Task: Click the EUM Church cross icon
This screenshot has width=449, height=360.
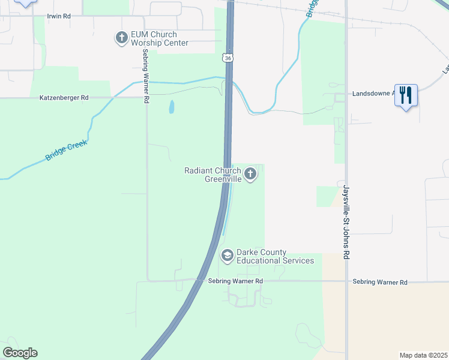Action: (121, 38)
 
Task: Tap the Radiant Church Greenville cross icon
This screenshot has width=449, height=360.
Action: (250, 175)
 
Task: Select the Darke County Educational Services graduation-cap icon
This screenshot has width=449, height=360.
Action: (227, 256)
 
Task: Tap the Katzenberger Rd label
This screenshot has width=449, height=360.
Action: (64, 97)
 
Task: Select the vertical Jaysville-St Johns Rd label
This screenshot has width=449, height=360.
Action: (346, 223)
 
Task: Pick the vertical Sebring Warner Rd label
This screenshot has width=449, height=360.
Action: (145, 76)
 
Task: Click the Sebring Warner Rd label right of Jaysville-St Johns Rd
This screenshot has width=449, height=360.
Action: (380, 282)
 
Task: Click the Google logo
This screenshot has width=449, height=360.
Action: (20, 353)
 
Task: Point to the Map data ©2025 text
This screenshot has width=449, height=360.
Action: (423, 355)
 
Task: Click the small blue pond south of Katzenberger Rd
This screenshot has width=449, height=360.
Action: (172, 107)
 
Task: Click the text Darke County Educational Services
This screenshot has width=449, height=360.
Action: (275, 257)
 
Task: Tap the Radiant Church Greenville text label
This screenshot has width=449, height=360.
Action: (212, 175)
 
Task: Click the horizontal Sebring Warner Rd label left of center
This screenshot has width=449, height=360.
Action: (235, 281)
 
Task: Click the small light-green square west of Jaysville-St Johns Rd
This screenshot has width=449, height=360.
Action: (327, 196)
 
